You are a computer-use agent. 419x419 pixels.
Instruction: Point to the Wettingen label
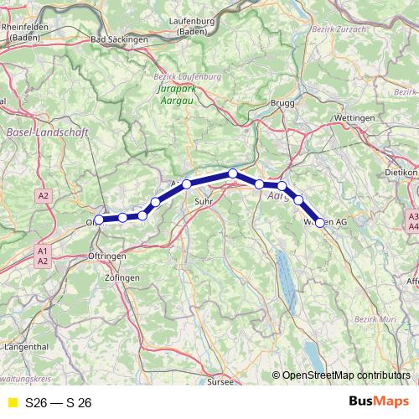(x=354, y=119)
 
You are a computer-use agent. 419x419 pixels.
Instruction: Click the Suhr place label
(x=204, y=202)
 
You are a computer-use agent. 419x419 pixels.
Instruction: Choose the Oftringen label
(x=106, y=255)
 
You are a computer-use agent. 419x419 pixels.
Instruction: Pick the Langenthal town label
(x=27, y=345)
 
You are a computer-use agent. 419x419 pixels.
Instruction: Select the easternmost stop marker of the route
(x=319, y=222)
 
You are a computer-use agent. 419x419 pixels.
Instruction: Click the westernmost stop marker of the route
(x=100, y=220)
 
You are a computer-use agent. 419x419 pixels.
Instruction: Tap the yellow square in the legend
(x=12, y=402)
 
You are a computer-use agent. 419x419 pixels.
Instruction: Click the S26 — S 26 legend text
(x=58, y=402)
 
